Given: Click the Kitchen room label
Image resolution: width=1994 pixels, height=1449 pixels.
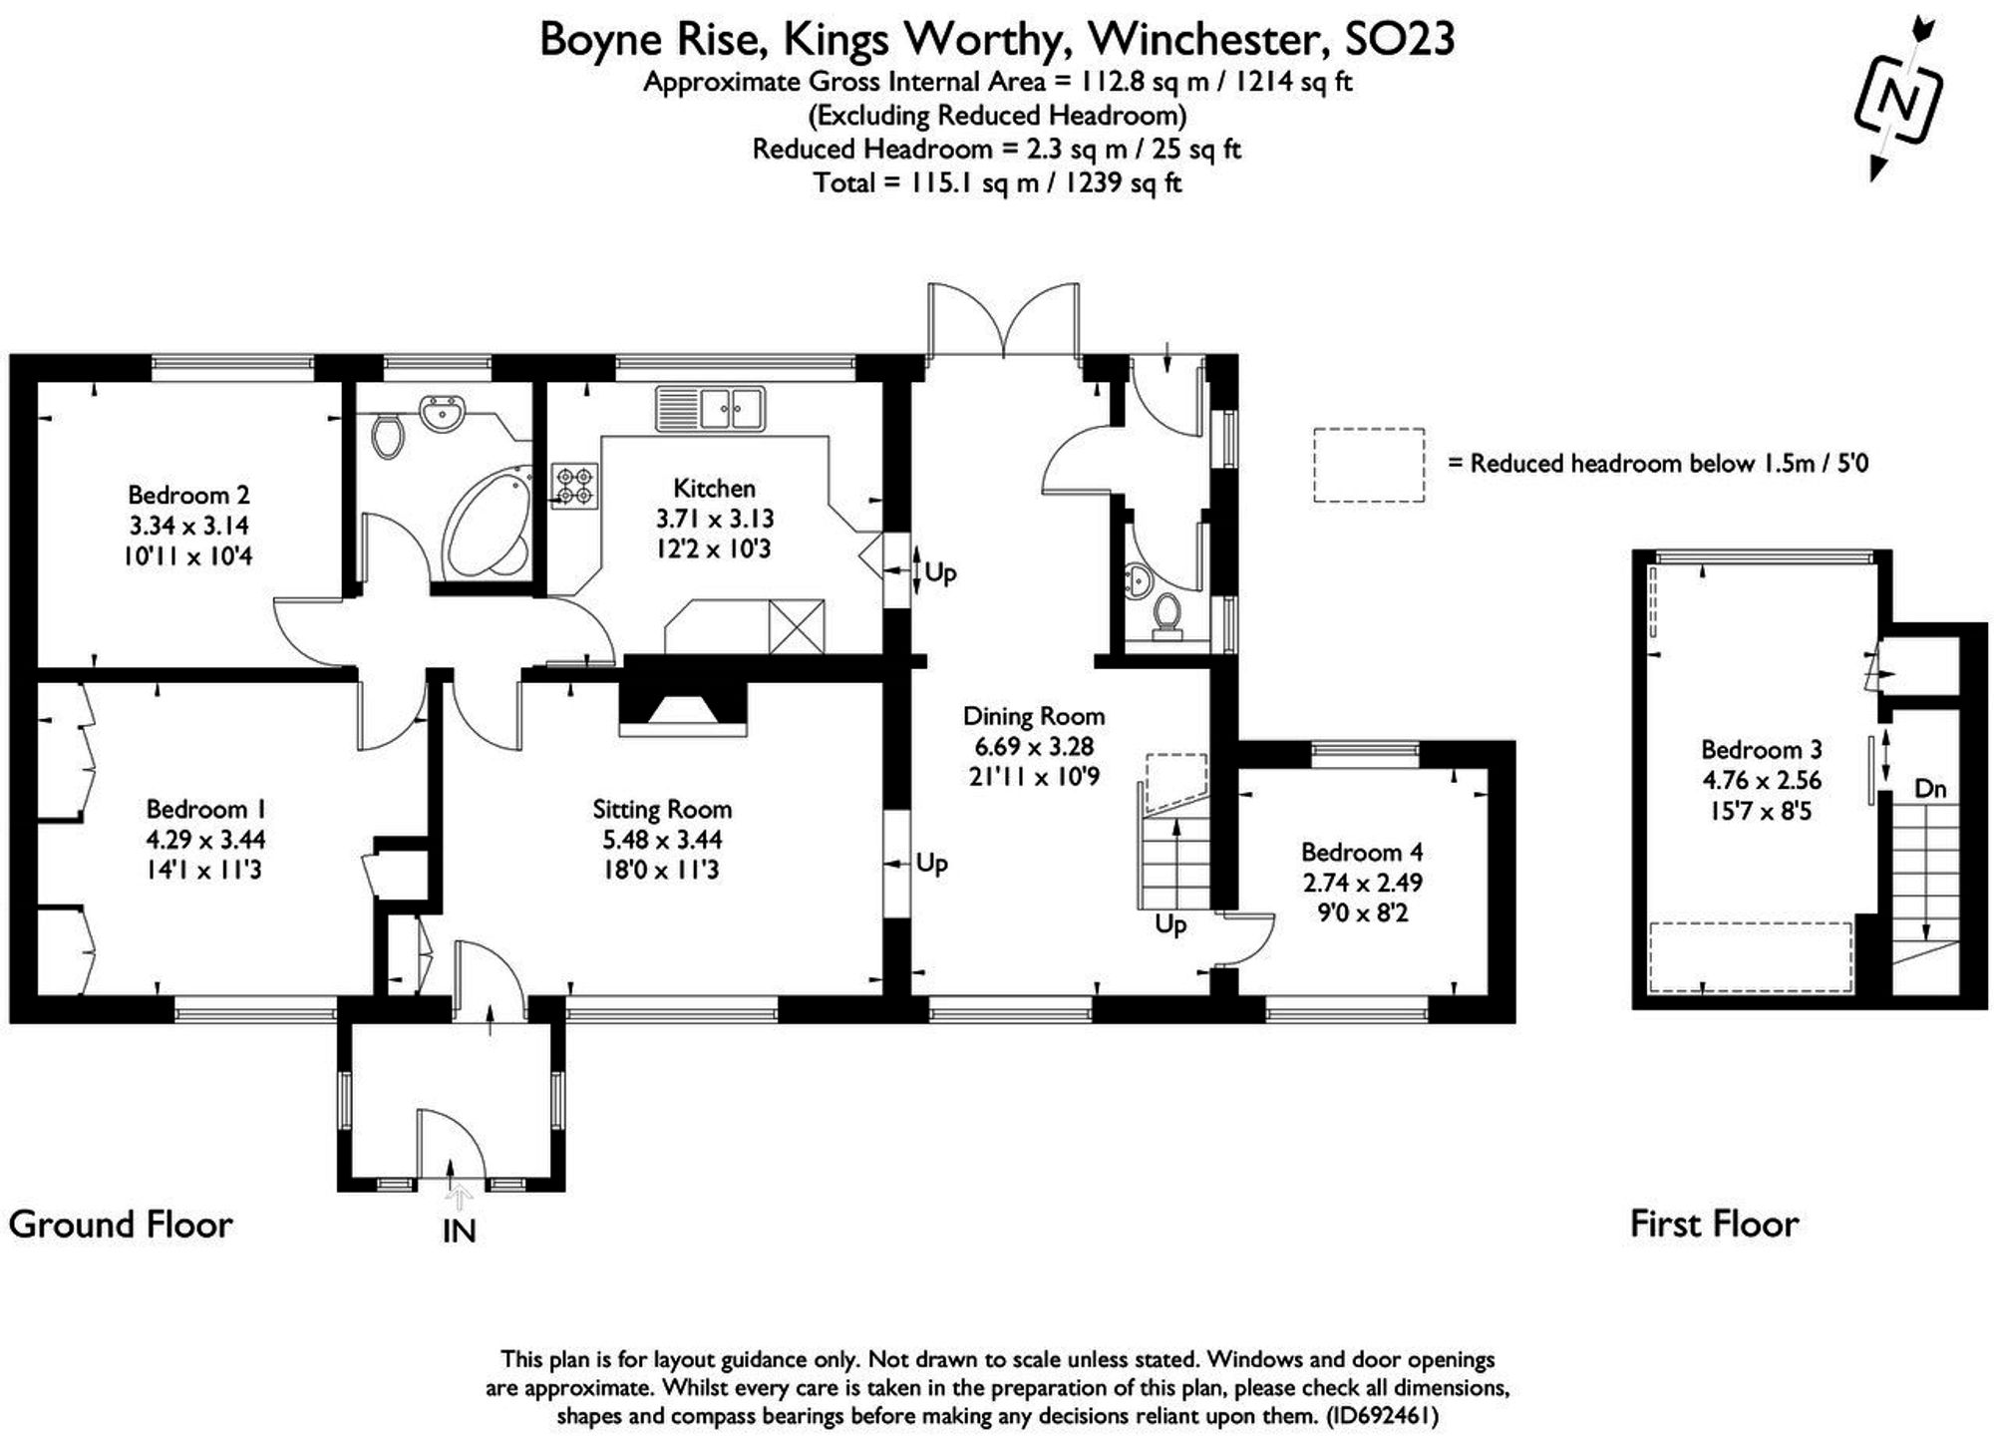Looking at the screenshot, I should pyautogui.click(x=714, y=489).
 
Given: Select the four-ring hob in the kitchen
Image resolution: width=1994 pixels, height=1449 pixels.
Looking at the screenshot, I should pyautogui.click(x=576, y=486).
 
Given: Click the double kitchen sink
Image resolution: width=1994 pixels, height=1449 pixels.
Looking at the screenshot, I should pyautogui.click(x=710, y=409).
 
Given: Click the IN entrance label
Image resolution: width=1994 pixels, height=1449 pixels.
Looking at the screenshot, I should pyautogui.click(x=459, y=1232).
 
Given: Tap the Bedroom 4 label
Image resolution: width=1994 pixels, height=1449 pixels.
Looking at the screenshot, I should pyautogui.click(x=1361, y=852).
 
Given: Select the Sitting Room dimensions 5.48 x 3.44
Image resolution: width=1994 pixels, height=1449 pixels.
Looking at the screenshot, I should pyautogui.click(x=662, y=840).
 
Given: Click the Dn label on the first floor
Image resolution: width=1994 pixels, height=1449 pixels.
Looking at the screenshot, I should pyautogui.click(x=1930, y=789).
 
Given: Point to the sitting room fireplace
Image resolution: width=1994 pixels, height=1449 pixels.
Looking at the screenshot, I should pyautogui.click(x=683, y=705).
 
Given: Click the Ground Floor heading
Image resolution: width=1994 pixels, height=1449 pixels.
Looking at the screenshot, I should pyautogui.click(x=121, y=1225).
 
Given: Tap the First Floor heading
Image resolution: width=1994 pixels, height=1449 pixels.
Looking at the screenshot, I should pyautogui.click(x=1714, y=1224).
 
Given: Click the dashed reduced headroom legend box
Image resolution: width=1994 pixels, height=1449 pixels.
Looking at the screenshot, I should pyautogui.click(x=1368, y=465).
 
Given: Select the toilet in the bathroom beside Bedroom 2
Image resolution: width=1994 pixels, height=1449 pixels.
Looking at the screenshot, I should pyautogui.click(x=388, y=436).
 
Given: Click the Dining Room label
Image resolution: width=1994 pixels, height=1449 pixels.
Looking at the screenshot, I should pyautogui.click(x=1033, y=716).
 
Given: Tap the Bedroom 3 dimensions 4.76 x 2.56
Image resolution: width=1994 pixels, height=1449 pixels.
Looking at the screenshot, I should pyautogui.click(x=1761, y=780).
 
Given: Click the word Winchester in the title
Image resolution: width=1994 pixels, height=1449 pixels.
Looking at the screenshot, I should pyautogui.click(x=1208, y=40).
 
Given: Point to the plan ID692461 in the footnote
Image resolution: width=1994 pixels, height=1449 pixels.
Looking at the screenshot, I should pyautogui.click(x=1381, y=1416).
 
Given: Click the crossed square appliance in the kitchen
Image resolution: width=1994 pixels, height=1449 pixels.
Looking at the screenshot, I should pyautogui.click(x=797, y=626).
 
